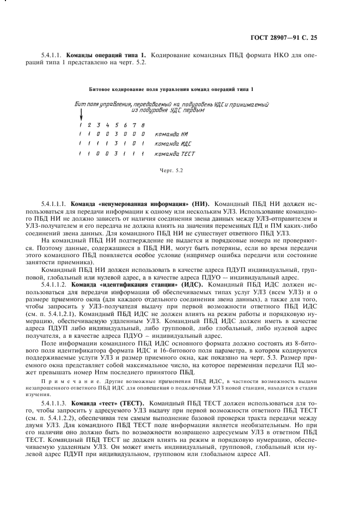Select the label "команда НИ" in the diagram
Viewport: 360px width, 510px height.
172,133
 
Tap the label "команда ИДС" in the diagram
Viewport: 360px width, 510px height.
173,144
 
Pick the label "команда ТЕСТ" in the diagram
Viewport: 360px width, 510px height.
175,154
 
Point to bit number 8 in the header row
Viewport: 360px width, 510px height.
142,124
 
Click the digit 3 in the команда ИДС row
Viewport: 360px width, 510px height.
117,144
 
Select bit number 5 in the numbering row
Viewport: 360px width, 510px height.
117,124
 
